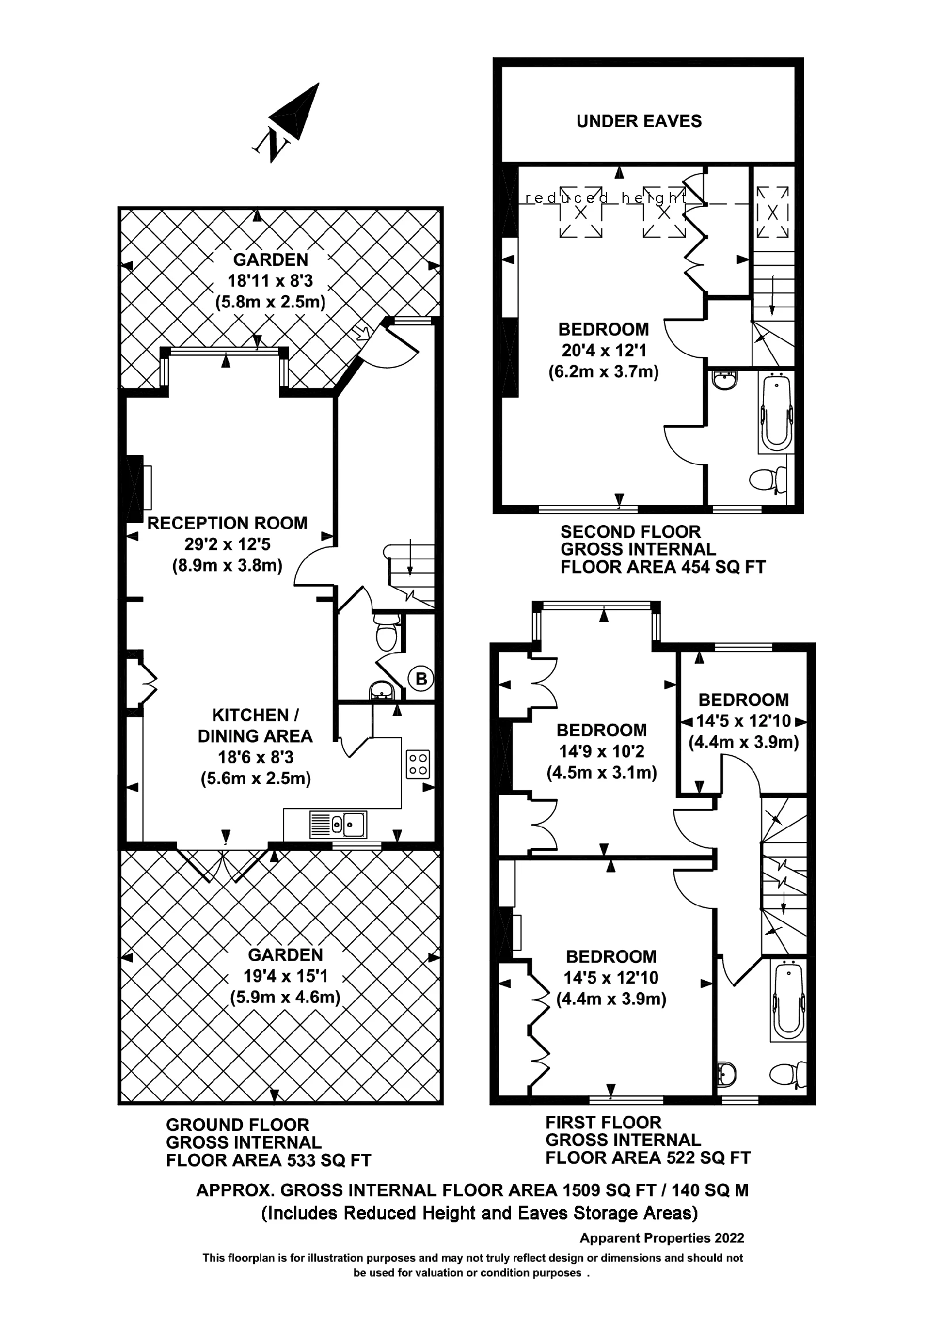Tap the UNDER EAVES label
pyautogui.click(x=639, y=121)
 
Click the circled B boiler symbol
pyautogui.click(x=421, y=678)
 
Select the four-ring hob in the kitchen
pyautogui.click(x=418, y=764)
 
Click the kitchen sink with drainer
pyautogui.click(x=338, y=824)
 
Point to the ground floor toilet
pyautogui.click(x=386, y=634)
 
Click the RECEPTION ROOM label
pyautogui.click(x=227, y=523)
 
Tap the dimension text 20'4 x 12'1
pyautogui.click(x=603, y=350)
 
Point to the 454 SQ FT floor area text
pyautogui.click(x=723, y=568)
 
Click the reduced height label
pyautogui.click(x=605, y=198)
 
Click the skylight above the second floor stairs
pyautogui.click(x=772, y=212)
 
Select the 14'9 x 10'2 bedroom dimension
pyautogui.click(x=601, y=751)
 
